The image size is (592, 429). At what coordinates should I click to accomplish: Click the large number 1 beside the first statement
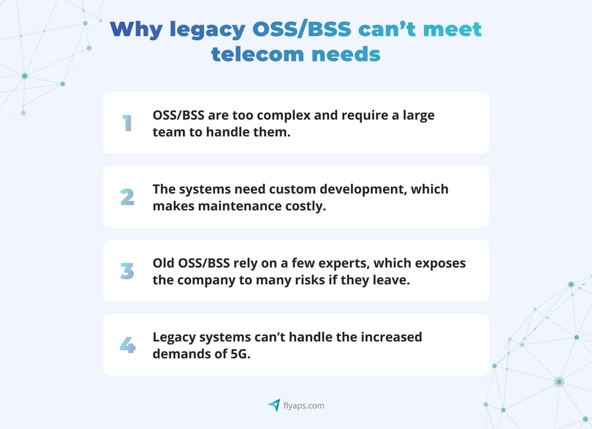pyautogui.click(x=127, y=123)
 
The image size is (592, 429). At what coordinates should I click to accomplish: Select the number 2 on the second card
pyautogui.click(x=127, y=197)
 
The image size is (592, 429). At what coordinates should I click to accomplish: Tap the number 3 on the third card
pyautogui.click(x=127, y=271)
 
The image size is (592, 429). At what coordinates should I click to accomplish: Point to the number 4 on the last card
pyautogui.click(x=127, y=345)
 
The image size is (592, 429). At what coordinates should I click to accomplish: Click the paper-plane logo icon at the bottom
pyautogui.click(x=274, y=405)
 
